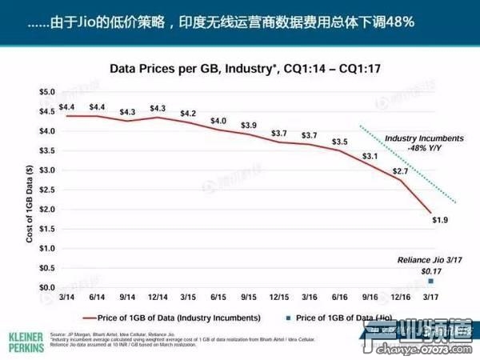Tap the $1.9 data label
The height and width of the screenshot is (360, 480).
tap(438, 220)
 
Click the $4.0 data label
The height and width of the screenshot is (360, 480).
tap(218, 121)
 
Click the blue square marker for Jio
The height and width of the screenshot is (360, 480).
tap(431, 281)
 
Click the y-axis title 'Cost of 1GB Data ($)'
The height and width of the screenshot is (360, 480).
tap(30, 190)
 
